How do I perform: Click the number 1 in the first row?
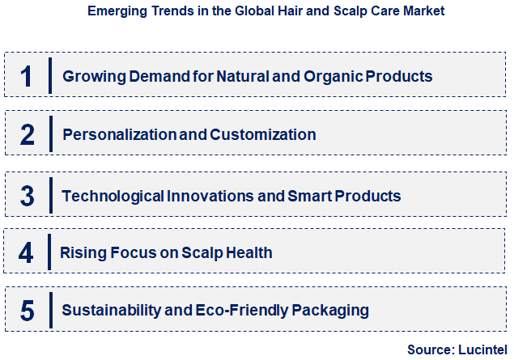[x=27, y=76]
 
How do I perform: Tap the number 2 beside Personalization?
[x=27, y=134]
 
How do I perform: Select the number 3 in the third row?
[x=27, y=196]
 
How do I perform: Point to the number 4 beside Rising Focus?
[x=26, y=252]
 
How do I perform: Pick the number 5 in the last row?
[x=27, y=310]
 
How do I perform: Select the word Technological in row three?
[x=113, y=196]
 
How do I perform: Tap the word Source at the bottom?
[x=430, y=349]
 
